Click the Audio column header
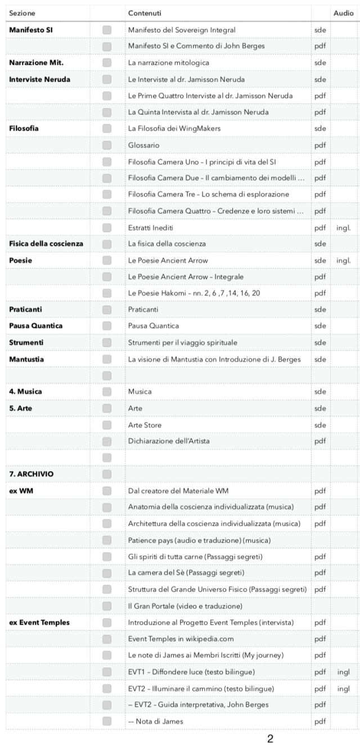pyautogui.click(x=343, y=13)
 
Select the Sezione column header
pyautogui.click(x=20, y=13)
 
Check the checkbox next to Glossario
pyautogui.click(x=107, y=145)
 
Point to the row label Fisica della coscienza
pyautogui.click(x=46, y=244)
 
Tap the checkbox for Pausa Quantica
pyautogui.click(x=107, y=326)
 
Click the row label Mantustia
pyautogui.click(x=26, y=358)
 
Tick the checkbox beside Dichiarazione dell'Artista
pyautogui.click(x=107, y=441)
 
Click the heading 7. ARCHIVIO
pyautogui.click(x=31, y=474)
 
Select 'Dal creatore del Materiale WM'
pyautogui.click(x=176, y=491)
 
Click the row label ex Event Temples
pyautogui.click(x=39, y=622)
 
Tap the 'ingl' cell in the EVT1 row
pyautogui.click(x=343, y=671)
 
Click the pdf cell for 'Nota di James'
pyautogui.click(x=319, y=721)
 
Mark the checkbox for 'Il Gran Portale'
pyautogui.click(x=107, y=606)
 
